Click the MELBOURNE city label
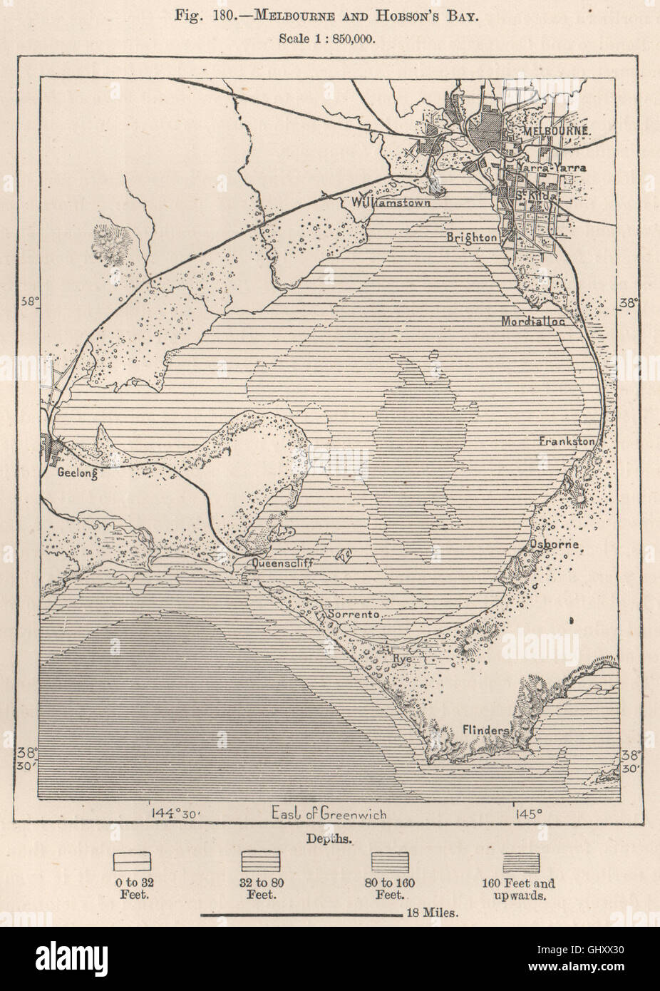click(x=555, y=132)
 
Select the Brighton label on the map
click(x=472, y=237)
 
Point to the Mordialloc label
click(x=532, y=321)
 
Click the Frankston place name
click(x=566, y=441)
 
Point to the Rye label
click(x=403, y=659)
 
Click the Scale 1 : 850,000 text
click(x=329, y=38)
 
